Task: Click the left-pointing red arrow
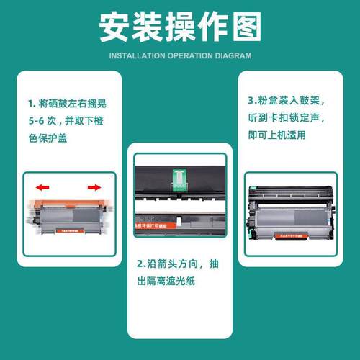[x=43, y=187]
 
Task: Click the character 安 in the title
[x=117, y=27]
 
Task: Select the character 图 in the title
[x=243, y=27]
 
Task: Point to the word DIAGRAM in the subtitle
[x=232, y=55]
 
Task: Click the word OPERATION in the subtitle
[x=186, y=55]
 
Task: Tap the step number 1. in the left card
[x=32, y=103]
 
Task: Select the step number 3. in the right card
[x=251, y=102]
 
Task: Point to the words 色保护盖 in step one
[x=48, y=139]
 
